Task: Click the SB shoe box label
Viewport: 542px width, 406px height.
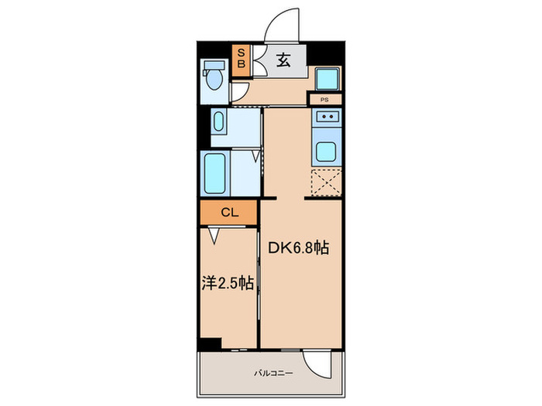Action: (x=241, y=59)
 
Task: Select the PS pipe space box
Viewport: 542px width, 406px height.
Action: (x=325, y=100)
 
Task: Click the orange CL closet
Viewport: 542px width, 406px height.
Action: (x=228, y=212)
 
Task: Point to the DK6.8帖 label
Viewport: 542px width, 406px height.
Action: (x=299, y=248)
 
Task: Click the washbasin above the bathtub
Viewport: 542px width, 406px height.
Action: (x=218, y=123)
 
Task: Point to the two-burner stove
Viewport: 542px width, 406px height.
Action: (x=326, y=118)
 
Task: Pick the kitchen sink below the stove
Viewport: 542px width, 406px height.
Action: (x=326, y=151)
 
